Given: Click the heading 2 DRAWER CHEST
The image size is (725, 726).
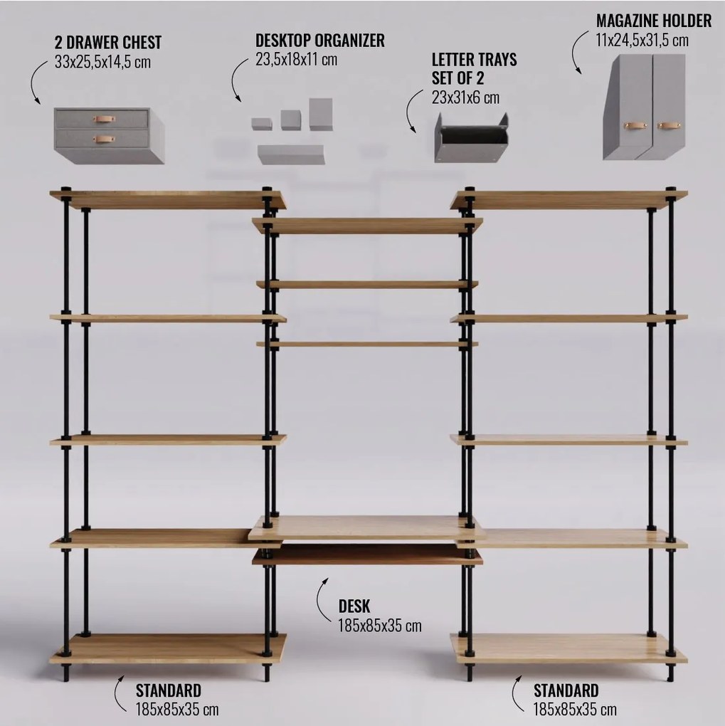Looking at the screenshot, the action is click(x=108, y=42).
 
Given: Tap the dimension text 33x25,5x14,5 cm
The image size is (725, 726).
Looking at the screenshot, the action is click(x=102, y=62).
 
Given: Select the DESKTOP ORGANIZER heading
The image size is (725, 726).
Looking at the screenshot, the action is click(x=320, y=41).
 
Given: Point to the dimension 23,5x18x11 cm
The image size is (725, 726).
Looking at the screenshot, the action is click(x=296, y=59).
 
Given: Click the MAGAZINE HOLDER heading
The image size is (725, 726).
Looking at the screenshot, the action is click(x=654, y=21).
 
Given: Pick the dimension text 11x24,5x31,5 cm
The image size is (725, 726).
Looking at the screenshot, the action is click(x=642, y=40).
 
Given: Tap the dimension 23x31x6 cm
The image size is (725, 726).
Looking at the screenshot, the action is click(x=466, y=98).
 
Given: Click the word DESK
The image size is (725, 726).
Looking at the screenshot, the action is click(x=354, y=606).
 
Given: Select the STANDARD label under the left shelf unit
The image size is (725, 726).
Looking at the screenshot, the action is click(x=169, y=690).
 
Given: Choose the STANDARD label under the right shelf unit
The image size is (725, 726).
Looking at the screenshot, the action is click(x=566, y=690).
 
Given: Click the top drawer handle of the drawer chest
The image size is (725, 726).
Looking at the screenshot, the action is click(x=104, y=120).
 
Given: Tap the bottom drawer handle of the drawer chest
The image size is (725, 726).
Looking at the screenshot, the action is click(x=104, y=139).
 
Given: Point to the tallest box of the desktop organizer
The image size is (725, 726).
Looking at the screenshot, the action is click(x=321, y=114).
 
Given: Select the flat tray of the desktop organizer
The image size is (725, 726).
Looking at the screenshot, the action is click(x=291, y=154).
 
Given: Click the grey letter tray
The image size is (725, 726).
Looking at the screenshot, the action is click(x=471, y=138).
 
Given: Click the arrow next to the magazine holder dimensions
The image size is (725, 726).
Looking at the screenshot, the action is click(x=574, y=51).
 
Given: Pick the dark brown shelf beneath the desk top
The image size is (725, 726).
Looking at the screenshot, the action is click(x=367, y=554).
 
